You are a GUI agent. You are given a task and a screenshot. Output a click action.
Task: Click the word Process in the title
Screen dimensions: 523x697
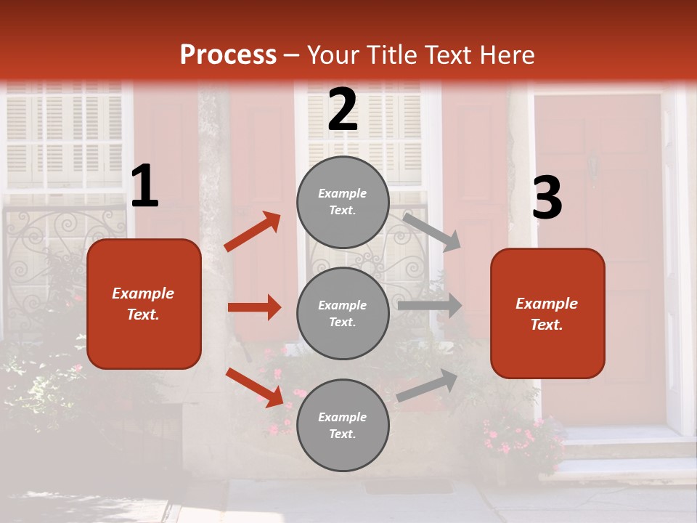coord(228,55)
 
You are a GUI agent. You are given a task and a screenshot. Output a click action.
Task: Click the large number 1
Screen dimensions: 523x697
coord(144,187)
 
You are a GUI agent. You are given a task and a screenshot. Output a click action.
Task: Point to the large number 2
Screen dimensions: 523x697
coord(343,110)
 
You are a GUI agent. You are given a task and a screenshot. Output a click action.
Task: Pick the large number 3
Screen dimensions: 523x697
coord(547,198)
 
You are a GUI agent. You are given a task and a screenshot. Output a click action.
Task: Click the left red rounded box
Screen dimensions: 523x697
coord(144,304)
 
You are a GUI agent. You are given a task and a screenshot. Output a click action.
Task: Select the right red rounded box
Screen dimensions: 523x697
coord(547,314)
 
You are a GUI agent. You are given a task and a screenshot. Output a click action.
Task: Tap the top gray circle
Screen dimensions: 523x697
coord(343,202)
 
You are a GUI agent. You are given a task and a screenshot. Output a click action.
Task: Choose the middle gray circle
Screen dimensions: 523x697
coord(343,313)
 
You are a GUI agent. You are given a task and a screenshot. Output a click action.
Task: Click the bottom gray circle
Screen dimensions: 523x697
coord(343,425)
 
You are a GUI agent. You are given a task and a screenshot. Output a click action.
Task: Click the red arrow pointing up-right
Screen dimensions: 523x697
coord(253,231)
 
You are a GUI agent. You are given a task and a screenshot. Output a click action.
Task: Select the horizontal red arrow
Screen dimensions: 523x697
coord(254,307)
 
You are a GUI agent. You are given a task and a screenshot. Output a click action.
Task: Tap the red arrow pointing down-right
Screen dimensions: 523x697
coord(255,387)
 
